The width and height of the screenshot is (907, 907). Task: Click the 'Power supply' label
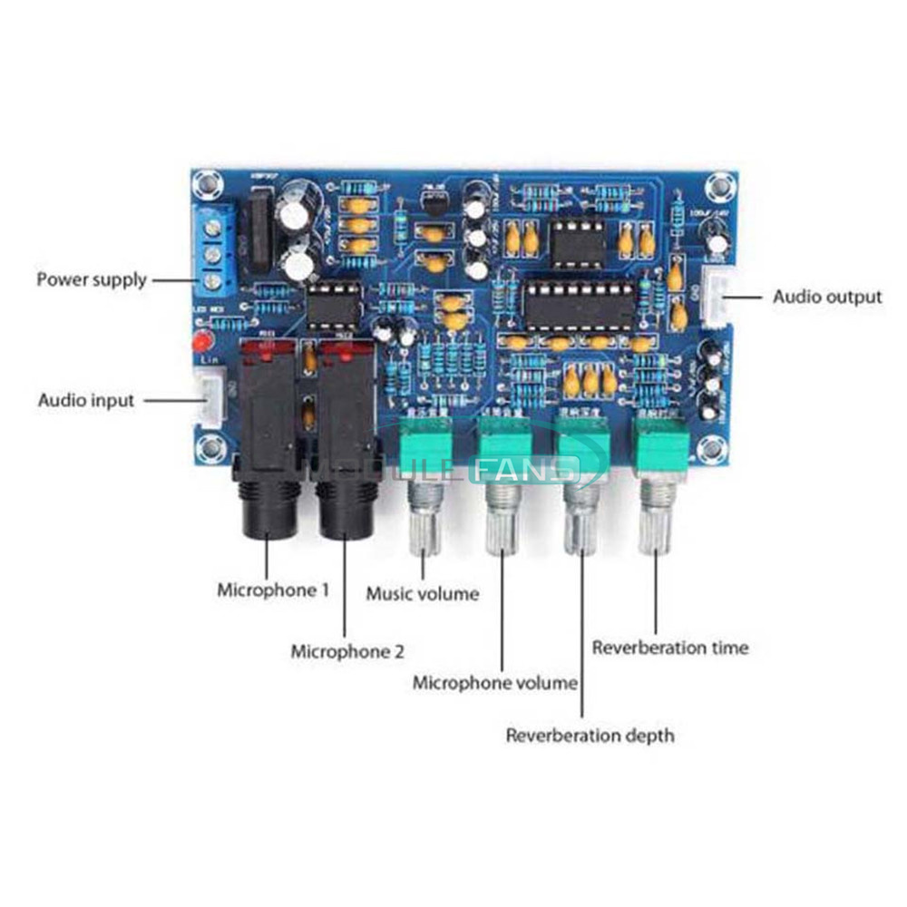tap(91, 278)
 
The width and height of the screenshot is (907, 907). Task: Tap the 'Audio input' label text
tap(85, 399)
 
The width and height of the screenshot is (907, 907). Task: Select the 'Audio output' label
tap(826, 297)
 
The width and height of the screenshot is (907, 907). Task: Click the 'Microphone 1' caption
tap(273, 590)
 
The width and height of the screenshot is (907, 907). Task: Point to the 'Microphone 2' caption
tap(347, 651)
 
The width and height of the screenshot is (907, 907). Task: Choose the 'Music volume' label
tap(422, 594)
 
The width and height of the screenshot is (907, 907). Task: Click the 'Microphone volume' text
tap(494, 682)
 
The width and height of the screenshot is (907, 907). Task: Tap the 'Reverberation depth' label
tap(590, 735)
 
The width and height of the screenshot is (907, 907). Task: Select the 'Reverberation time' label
tap(670, 648)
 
